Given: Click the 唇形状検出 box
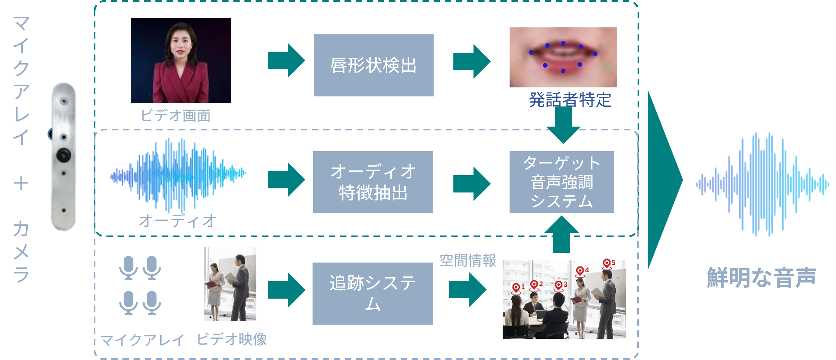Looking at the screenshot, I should pos(374,65).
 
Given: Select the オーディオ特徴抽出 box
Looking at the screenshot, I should pos(373,182).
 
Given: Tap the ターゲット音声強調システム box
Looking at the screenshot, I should pos(562,182).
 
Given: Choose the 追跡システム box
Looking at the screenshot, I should pos(373,293).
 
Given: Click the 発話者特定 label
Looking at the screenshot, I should pos(570,100).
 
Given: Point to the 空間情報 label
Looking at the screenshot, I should pos(468,260).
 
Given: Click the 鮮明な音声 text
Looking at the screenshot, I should pos(761,277).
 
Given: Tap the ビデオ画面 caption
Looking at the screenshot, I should pos(176,115).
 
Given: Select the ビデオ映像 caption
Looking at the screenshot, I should pos(232,339).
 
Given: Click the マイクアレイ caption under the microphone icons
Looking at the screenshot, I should pos(142,340).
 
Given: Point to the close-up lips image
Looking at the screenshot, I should pos(563,57).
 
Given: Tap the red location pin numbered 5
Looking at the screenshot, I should pos(607,264).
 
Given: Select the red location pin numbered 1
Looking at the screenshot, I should pos(516,288).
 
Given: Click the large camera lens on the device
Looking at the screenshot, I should pos(64,155).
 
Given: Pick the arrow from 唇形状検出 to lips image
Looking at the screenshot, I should pos(472,61).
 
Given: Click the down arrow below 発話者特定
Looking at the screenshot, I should pos(563,125).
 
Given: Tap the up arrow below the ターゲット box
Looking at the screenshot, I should pos(562,234).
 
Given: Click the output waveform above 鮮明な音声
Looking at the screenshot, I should pos(762,184).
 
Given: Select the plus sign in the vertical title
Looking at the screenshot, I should pos(21,183).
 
